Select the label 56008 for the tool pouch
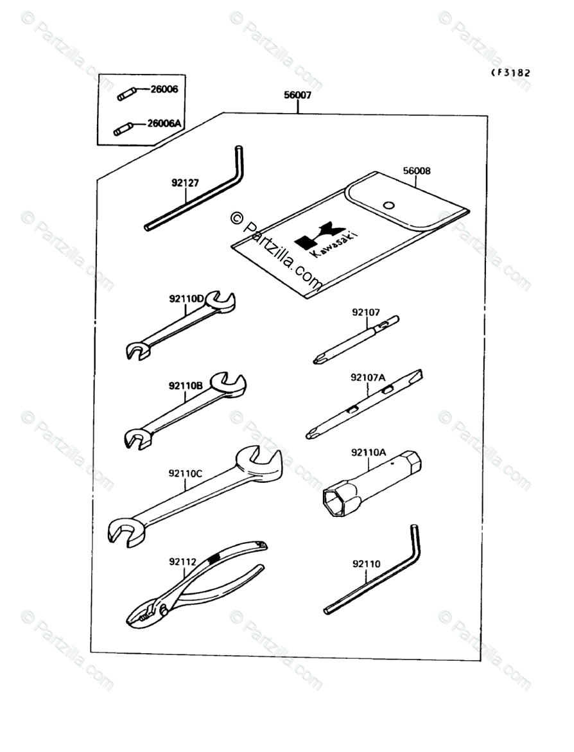[417, 171]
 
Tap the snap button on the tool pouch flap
[388, 205]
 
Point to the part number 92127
[185, 182]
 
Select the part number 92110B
[186, 386]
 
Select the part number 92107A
[367, 377]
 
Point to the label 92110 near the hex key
[365, 564]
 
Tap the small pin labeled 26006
[125, 95]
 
